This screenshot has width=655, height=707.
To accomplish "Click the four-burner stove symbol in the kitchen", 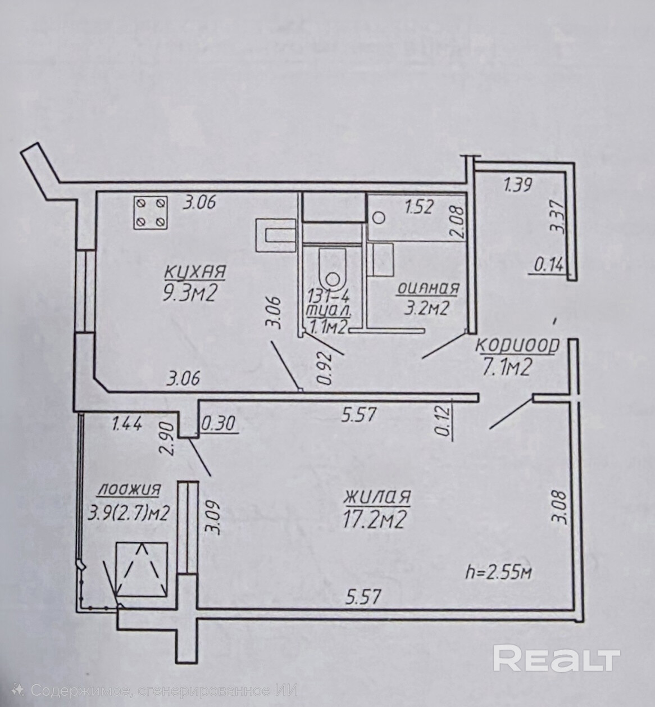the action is [150, 212].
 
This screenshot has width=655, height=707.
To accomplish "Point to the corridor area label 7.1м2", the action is [507, 368].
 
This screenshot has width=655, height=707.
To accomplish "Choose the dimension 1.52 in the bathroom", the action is [419, 207].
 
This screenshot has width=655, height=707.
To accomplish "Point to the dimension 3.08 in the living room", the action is [559, 508].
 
